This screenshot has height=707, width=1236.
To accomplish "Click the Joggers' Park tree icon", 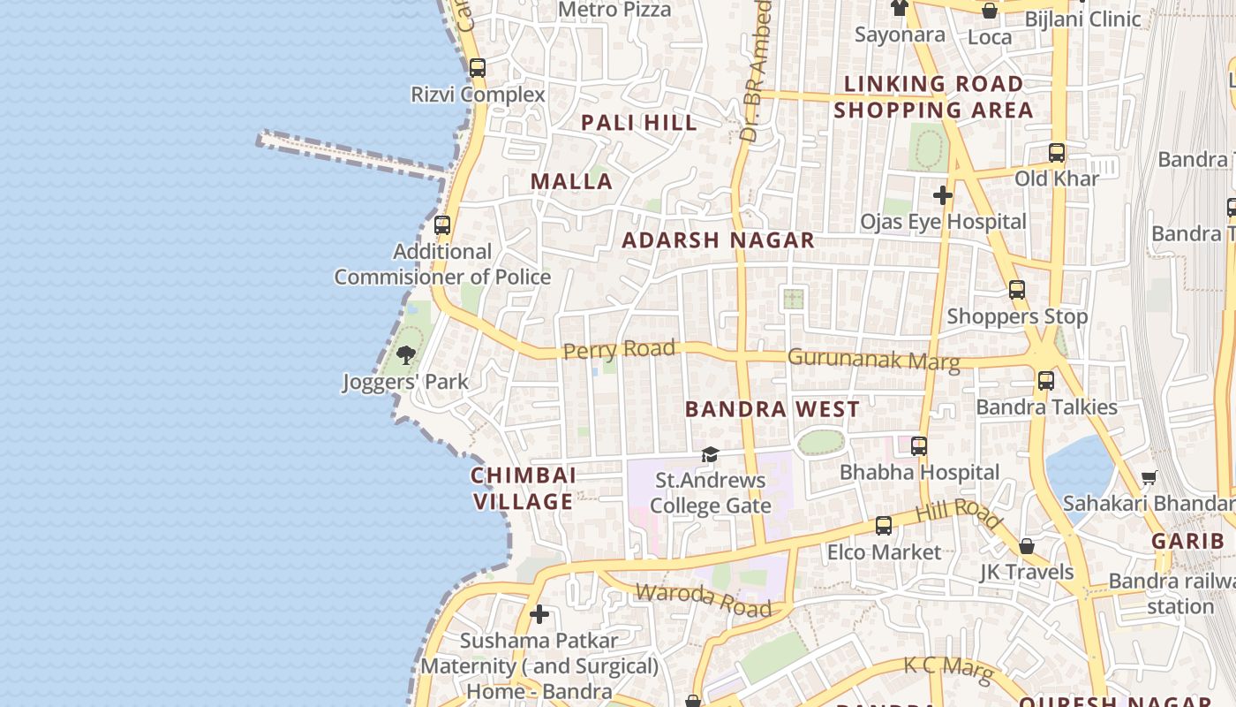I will coord(406,355).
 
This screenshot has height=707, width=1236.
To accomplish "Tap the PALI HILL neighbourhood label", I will coord(639,123).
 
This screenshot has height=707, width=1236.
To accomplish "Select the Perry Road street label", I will coord(619,350).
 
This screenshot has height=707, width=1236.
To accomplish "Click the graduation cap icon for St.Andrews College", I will coord(710,455).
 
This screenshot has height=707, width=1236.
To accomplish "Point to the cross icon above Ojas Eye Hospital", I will coord(943,194).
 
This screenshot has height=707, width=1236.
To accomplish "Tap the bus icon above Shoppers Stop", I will coord(1017,289).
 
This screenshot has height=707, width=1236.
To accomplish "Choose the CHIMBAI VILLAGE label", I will coord(524,488).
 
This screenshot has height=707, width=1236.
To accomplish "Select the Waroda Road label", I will coord(703,600).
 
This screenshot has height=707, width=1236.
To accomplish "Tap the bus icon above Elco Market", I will coord(884,526).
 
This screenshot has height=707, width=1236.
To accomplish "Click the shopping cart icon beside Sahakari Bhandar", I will coord(1149,477).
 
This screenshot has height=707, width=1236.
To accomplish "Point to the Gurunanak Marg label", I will coord(873,359).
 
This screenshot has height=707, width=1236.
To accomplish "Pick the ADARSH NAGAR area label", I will coord(718,240).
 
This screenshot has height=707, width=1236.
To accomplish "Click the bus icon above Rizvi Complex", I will coord(478,67).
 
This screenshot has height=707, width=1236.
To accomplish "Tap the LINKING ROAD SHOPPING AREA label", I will coord(933,97).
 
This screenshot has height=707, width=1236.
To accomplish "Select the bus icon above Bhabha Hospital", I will coord(919,446).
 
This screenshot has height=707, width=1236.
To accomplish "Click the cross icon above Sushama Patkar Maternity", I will coord(539,614).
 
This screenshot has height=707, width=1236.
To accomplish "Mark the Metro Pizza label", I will coord(615,10).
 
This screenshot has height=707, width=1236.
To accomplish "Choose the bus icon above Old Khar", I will coord(1057,152).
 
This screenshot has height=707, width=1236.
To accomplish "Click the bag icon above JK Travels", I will coord(1027,546).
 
